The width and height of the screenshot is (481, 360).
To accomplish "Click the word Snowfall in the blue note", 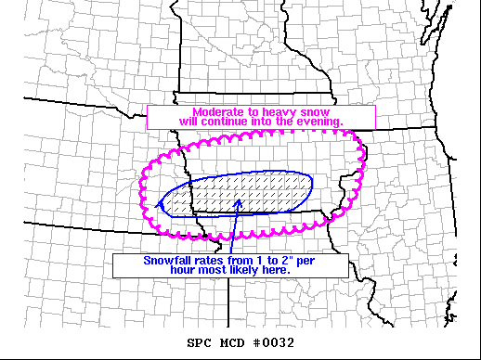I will [168, 260].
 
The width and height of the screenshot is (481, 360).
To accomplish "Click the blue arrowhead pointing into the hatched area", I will [239, 199].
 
